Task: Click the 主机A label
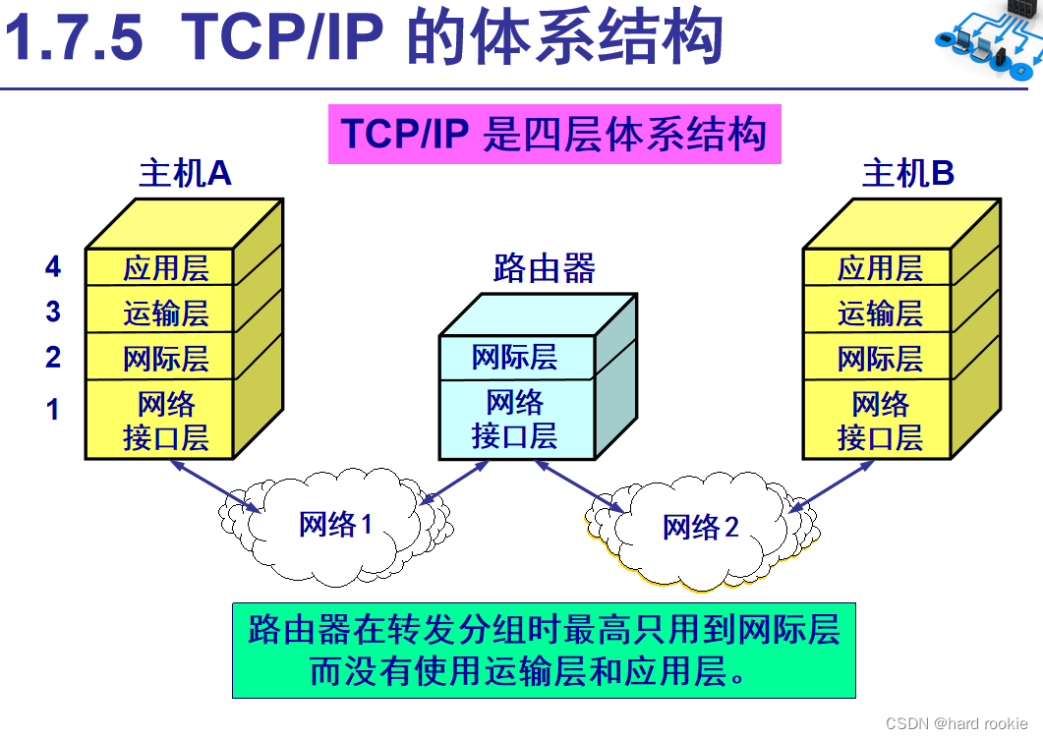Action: click(185, 173)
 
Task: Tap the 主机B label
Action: click(908, 173)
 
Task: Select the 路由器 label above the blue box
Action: click(545, 268)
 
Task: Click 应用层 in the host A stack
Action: click(165, 268)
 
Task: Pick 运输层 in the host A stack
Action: click(165, 313)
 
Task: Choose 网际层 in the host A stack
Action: click(165, 359)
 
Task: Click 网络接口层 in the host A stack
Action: click(165, 421)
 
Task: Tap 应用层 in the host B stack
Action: click(880, 268)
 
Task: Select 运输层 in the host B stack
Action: click(880, 313)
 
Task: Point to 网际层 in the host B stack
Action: click(880, 359)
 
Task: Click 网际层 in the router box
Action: click(514, 357)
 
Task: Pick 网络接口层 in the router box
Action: click(514, 419)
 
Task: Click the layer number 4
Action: click(53, 266)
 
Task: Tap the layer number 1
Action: click(53, 409)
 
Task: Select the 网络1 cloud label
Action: click(335, 524)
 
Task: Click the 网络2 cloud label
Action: click(701, 527)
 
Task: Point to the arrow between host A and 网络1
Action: click(216, 486)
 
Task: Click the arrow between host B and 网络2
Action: click(831, 486)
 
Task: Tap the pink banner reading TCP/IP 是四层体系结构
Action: click(554, 134)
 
